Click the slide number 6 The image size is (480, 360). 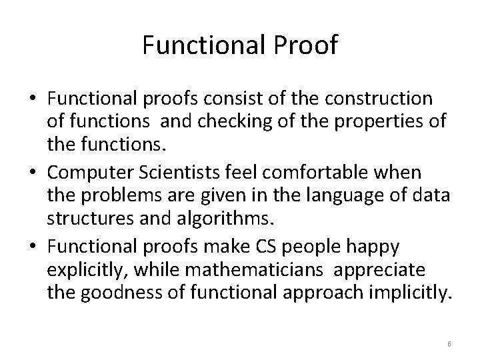(449, 343)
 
